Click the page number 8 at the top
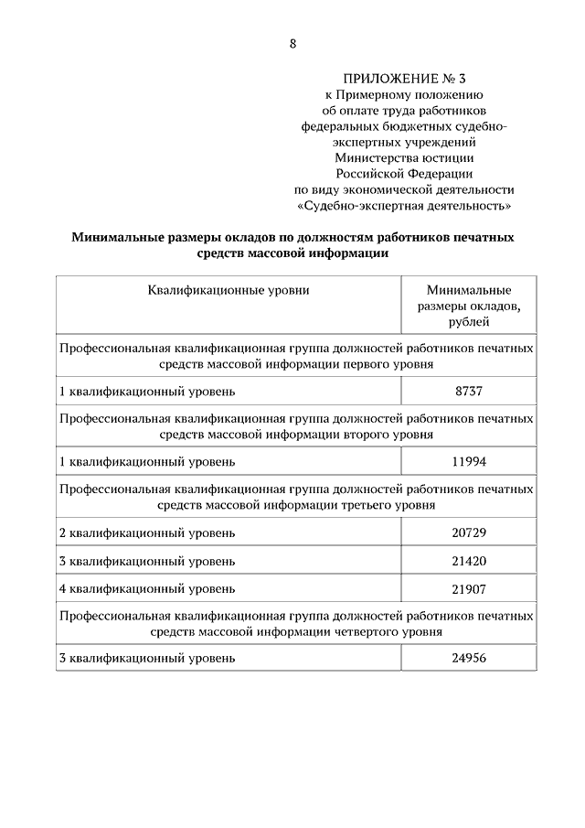[292, 43]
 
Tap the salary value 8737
[468, 392]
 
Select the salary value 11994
[468, 459]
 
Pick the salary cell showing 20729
[468, 532]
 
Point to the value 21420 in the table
[468, 560]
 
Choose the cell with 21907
[468, 587]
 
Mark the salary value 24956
[468, 657]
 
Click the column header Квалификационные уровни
[229, 290]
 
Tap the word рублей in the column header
[469, 321]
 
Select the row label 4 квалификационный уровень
[147, 587]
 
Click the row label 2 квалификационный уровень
[147, 532]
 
